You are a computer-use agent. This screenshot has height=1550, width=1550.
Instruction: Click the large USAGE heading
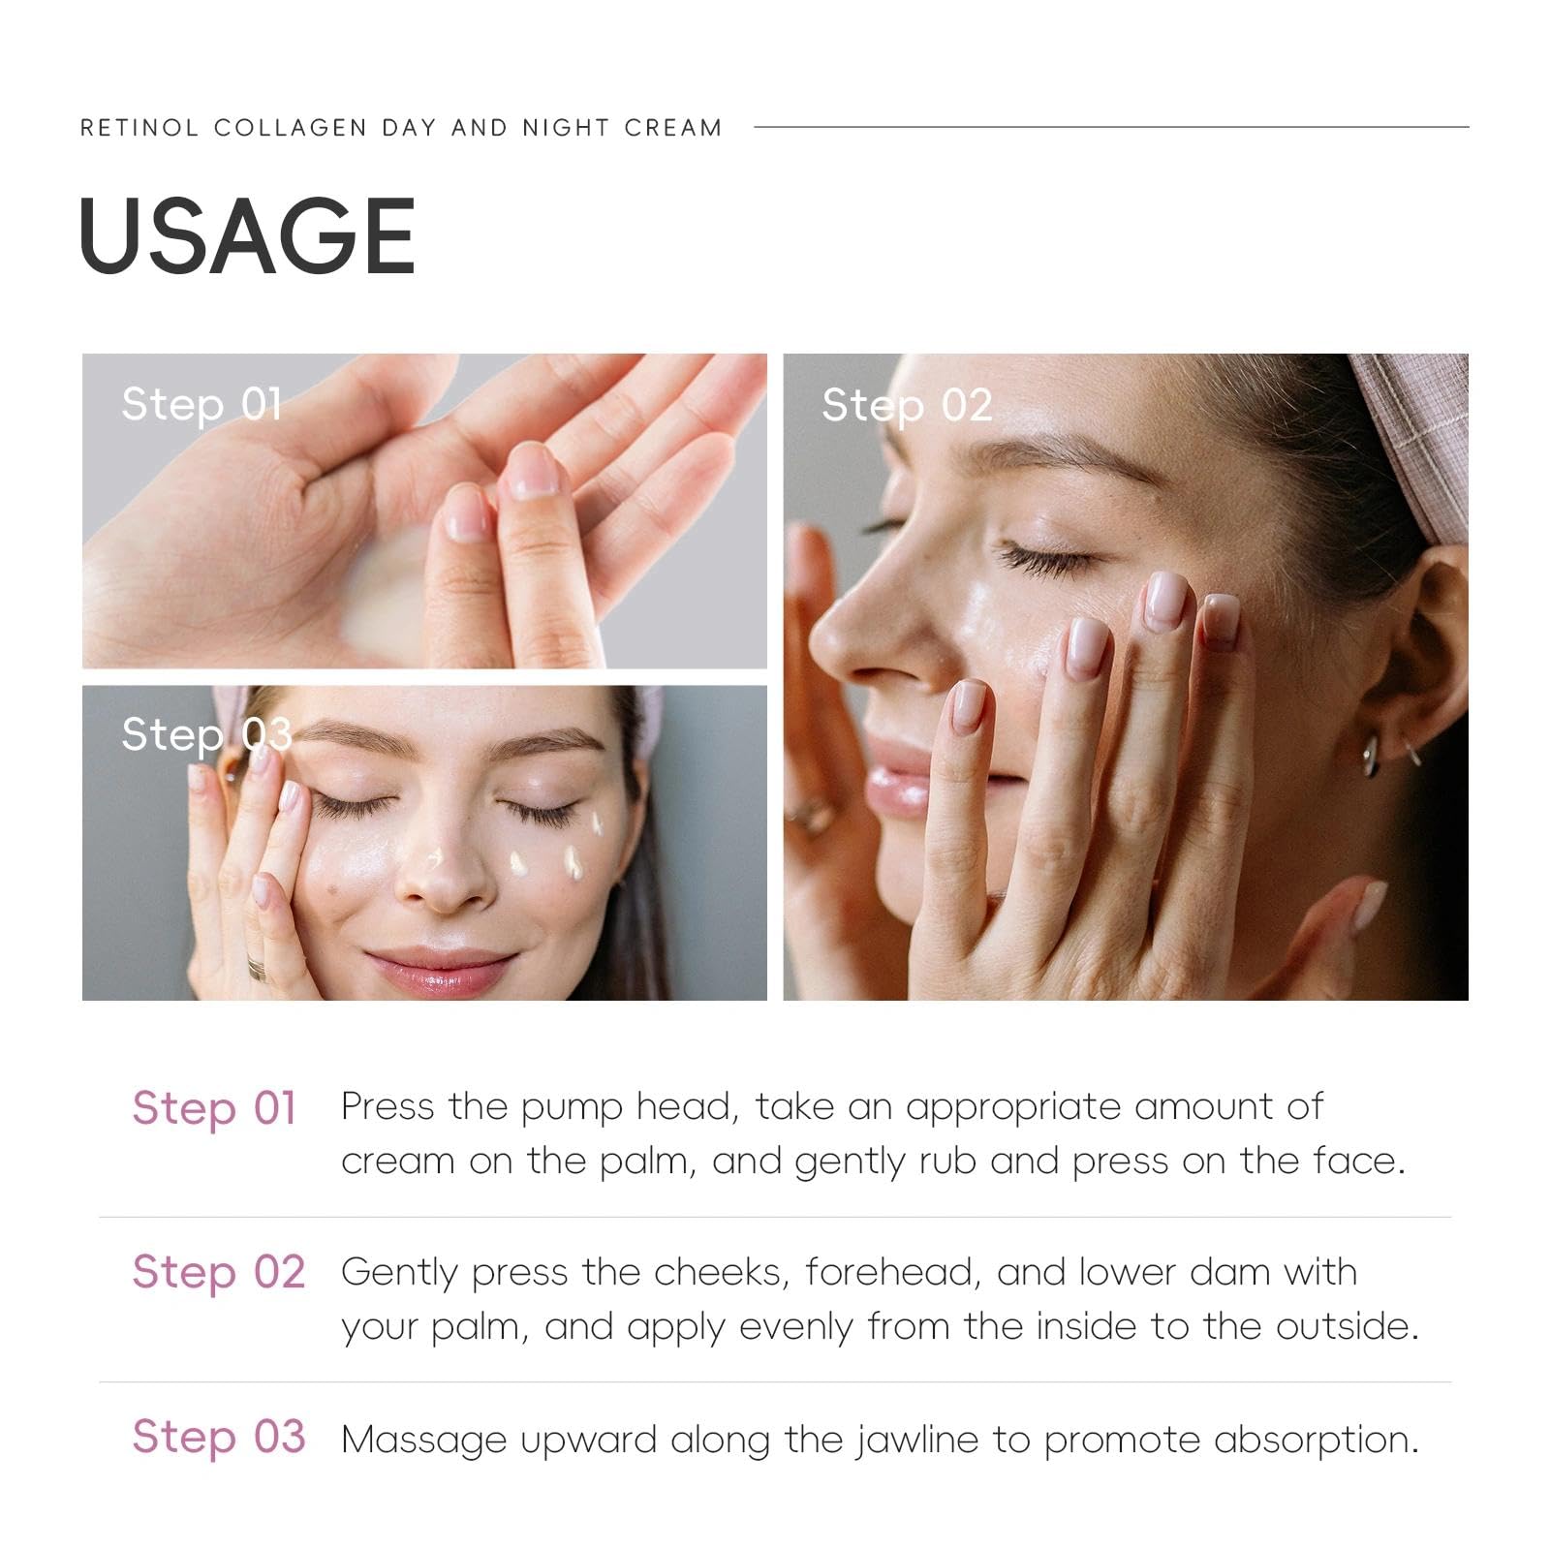point(247,234)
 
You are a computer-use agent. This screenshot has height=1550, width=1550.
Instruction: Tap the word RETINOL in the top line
point(139,128)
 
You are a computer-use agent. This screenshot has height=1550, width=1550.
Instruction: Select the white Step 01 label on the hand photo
point(201,405)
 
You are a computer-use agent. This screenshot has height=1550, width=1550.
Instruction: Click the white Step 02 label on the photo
point(907,406)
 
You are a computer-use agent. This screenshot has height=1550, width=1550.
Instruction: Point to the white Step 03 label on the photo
point(206,735)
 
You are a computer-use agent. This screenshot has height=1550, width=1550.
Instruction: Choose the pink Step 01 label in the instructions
point(214,1108)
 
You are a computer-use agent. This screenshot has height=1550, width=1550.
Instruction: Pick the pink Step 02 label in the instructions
point(219,1272)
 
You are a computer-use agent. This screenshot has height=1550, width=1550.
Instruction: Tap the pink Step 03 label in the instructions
point(219,1437)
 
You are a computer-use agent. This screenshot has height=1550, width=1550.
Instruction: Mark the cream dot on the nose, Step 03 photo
point(434,858)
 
